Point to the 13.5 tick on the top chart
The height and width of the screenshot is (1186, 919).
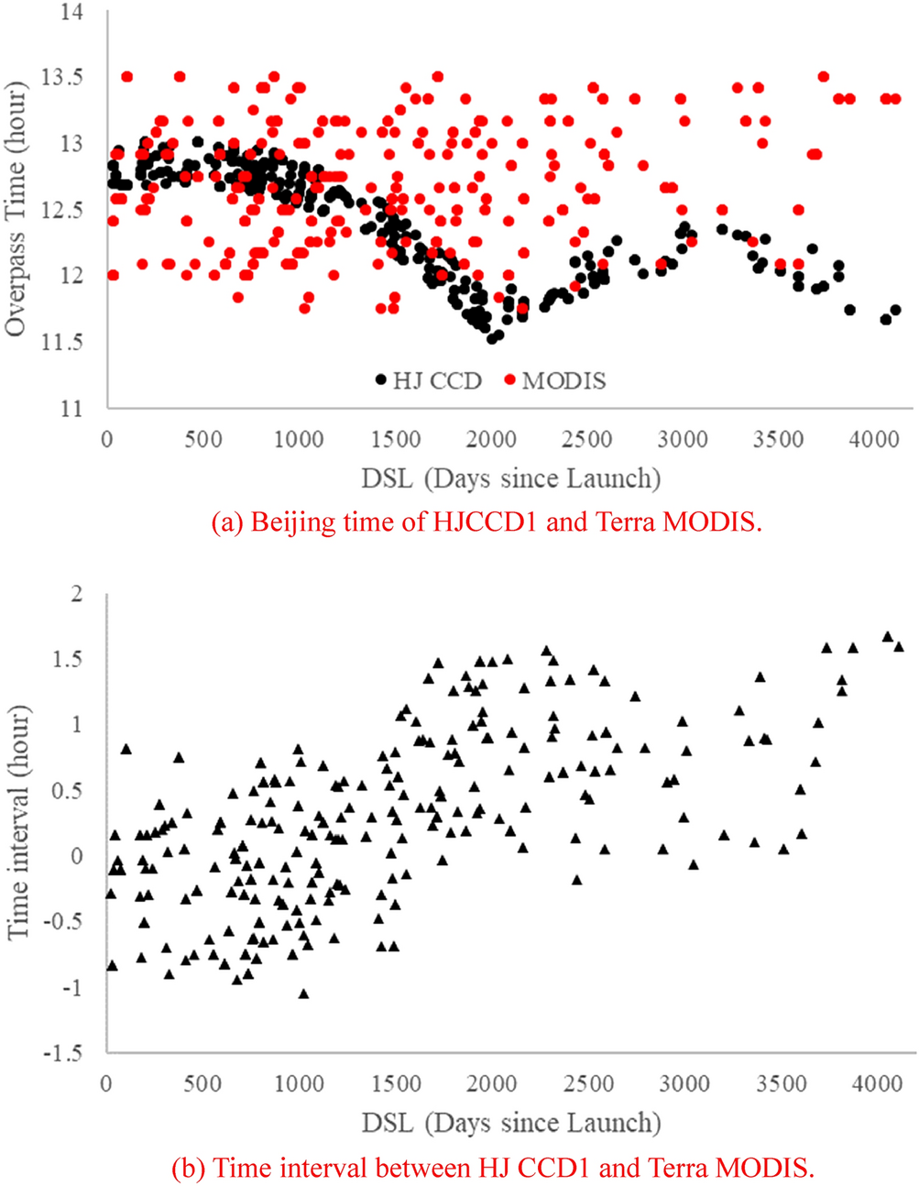(61, 77)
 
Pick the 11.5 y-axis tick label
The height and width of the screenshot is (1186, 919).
(61, 342)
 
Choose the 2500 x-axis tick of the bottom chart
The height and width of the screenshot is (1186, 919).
(588, 1085)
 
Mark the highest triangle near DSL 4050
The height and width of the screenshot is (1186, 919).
(887, 636)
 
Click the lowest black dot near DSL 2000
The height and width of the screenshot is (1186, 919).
(492, 339)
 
